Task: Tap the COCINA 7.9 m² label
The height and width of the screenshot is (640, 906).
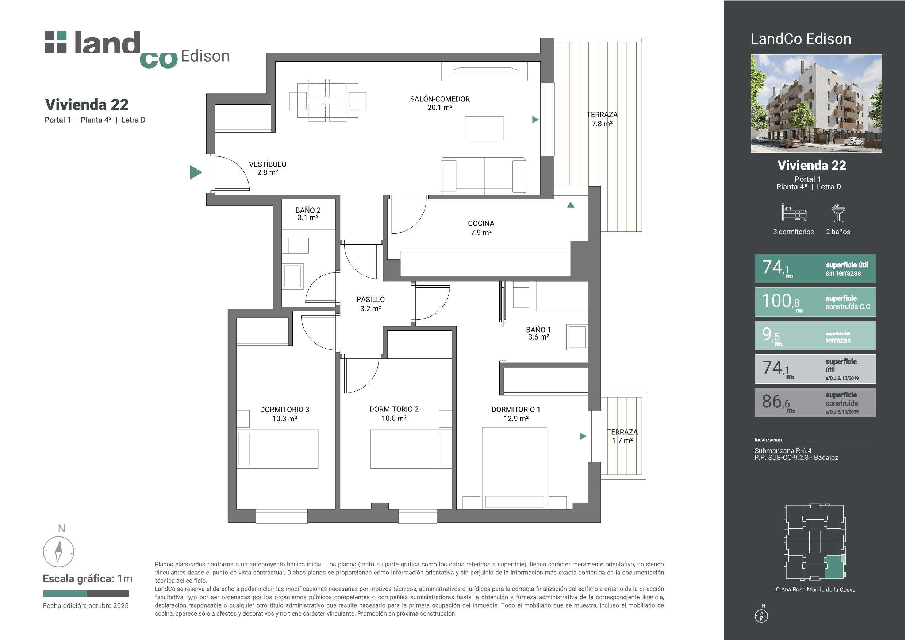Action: tap(481, 228)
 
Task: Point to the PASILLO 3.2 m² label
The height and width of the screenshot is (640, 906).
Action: tap(370, 304)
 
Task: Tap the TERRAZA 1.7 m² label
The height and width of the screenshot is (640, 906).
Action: tap(622, 436)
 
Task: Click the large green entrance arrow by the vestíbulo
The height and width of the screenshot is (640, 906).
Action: tap(196, 172)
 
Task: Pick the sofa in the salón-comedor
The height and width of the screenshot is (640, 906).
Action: tap(483, 176)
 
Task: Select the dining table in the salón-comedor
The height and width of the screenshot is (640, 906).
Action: tap(327, 101)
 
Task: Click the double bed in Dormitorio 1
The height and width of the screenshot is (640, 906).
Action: tap(515, 468)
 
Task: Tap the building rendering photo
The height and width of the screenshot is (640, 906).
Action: tap(816, 104)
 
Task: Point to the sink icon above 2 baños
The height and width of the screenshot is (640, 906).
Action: tap(838, 213)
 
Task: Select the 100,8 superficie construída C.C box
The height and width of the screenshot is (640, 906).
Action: tap(815, 302)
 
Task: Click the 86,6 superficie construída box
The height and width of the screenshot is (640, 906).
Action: tap(815, 403)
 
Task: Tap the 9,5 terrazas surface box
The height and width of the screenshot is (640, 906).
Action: tap(815, 335)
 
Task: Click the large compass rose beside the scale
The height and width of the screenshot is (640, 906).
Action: tap(58, 551)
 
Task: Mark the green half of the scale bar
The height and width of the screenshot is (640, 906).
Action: tap(65, 593)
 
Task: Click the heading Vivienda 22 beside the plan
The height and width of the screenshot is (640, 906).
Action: tap(87, 105)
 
